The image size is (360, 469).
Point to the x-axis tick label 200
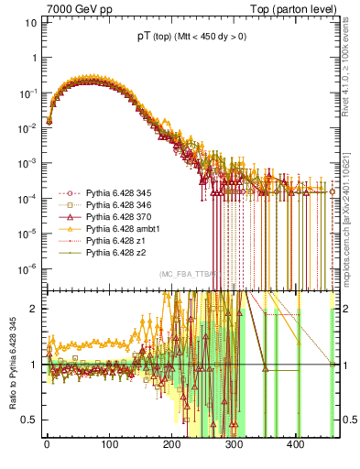click(171, 445)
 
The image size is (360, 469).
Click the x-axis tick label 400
click(296, 445)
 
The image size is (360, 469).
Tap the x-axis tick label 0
click(47, 445)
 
